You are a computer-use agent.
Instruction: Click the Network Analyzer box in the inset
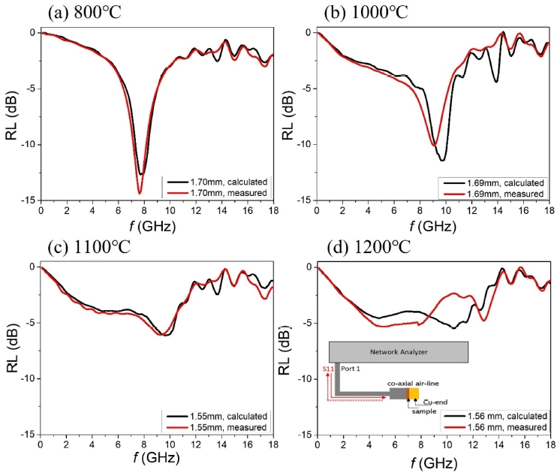pyautogui.click(x=399, y=351)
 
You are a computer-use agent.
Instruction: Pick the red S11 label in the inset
pyautogui.click(x=327, y=369)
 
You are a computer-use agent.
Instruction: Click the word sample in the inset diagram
pyautogui.click(x=422, y=411)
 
